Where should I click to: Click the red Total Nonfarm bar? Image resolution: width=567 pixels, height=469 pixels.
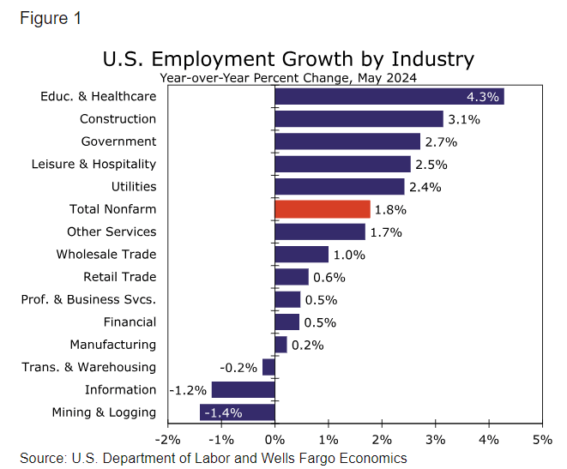[x=323, y=209]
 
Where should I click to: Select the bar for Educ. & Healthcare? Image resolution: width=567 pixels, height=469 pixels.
[x=389, y=96]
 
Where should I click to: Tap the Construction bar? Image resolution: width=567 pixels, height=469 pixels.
[x=359, y=119]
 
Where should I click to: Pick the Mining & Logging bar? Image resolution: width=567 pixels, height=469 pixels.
[x=238, y=412]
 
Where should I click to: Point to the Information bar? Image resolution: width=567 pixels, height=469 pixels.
[x=243, y=390]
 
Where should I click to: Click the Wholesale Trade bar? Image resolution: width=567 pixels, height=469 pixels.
[x=301, y=255]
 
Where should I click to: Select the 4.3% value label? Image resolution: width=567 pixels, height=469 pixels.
[x=483, y=96]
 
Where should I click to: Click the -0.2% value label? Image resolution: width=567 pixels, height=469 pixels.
[x=238, y=367]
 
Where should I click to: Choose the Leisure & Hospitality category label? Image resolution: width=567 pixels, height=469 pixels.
[x=93, y=164]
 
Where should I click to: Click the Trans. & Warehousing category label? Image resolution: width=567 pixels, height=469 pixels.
[x=88, y=367]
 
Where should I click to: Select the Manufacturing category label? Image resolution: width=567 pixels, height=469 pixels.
[x=113, y=345]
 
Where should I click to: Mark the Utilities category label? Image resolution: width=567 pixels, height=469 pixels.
[x=134, y=186]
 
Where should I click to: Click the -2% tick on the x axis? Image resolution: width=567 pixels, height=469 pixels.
[x=166, y=439]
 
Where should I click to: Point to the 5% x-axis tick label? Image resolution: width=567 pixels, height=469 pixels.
[x=542, y=439]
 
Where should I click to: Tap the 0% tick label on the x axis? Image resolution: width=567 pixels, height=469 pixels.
[x=274, y=439]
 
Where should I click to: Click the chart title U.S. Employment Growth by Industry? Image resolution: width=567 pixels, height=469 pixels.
[x=288, y=59]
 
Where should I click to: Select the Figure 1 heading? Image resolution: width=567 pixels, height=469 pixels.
[x=51, y=18]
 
